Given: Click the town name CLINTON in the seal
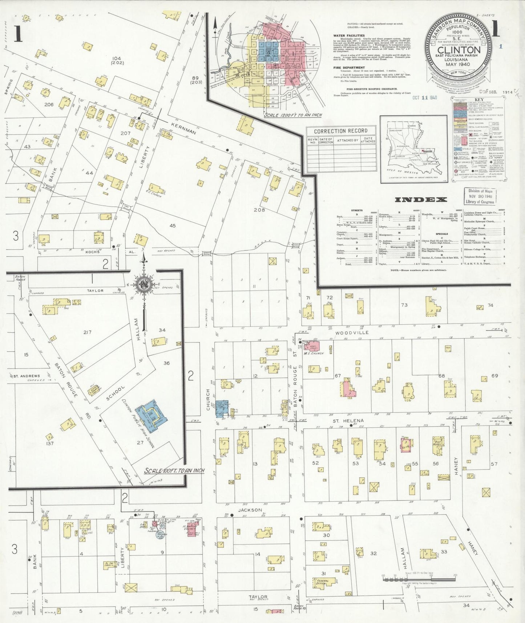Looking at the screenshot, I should point(458,50).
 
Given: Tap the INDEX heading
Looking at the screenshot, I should point(420,200).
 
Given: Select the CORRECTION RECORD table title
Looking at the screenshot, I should point(340,131).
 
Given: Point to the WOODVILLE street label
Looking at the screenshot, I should point(352,333).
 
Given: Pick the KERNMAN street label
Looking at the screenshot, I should point(183,128).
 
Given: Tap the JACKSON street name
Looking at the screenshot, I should point(250,510).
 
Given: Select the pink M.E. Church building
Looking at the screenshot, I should point(312,345).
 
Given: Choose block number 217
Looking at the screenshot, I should point(87,332).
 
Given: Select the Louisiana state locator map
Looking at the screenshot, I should point(413,149).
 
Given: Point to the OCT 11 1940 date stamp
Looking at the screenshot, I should point(424,98).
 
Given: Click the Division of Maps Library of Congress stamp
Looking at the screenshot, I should point(480,196).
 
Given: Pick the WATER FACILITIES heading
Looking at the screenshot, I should point(349,36).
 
